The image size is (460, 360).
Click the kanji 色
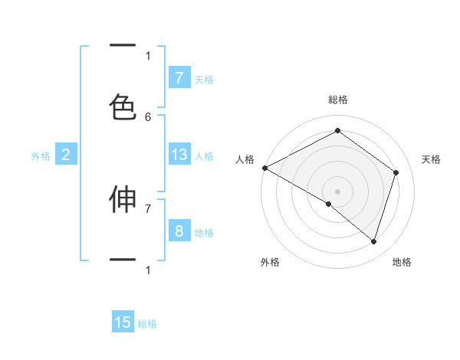[123, 106]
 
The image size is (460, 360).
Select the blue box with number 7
[179, 78]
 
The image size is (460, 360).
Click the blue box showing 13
[179, 155]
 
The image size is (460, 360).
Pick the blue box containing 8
[179, 231]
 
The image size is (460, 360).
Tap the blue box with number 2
[66, 155]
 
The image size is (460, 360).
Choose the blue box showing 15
[123, 322]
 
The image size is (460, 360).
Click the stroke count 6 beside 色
[148, 116]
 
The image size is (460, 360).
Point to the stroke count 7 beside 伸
[148, 208]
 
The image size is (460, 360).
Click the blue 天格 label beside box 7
[204, 79]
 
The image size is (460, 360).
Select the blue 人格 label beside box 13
[204, 155]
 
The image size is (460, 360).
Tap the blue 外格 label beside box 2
[41, 155]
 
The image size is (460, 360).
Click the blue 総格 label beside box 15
[147, 324]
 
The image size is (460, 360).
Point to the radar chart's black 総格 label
[337, 100]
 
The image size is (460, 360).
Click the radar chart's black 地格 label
[402, 262]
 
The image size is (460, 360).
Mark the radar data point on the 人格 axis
[264, 168]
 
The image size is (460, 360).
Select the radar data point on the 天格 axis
[396, 172]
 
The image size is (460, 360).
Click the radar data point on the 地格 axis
[373, 241]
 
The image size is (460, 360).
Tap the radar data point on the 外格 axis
[329, 204]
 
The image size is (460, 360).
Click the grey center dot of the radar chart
[337, 191]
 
